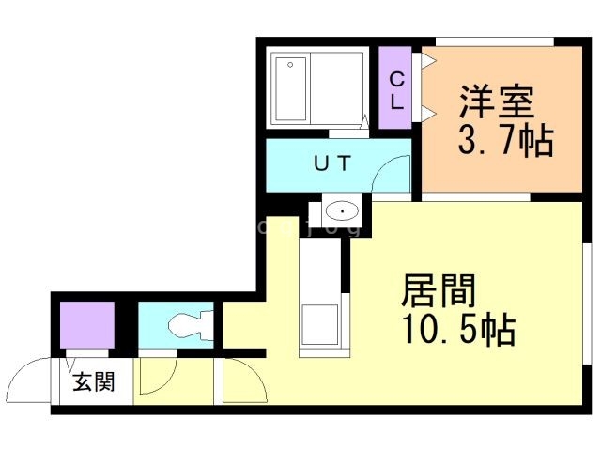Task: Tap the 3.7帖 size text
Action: (504, 142)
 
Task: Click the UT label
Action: (331, 164)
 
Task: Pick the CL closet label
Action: (397, 90)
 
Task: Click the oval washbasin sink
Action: (344, 210)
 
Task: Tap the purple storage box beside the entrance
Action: (86, 324)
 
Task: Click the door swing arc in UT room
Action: (389, 175)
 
